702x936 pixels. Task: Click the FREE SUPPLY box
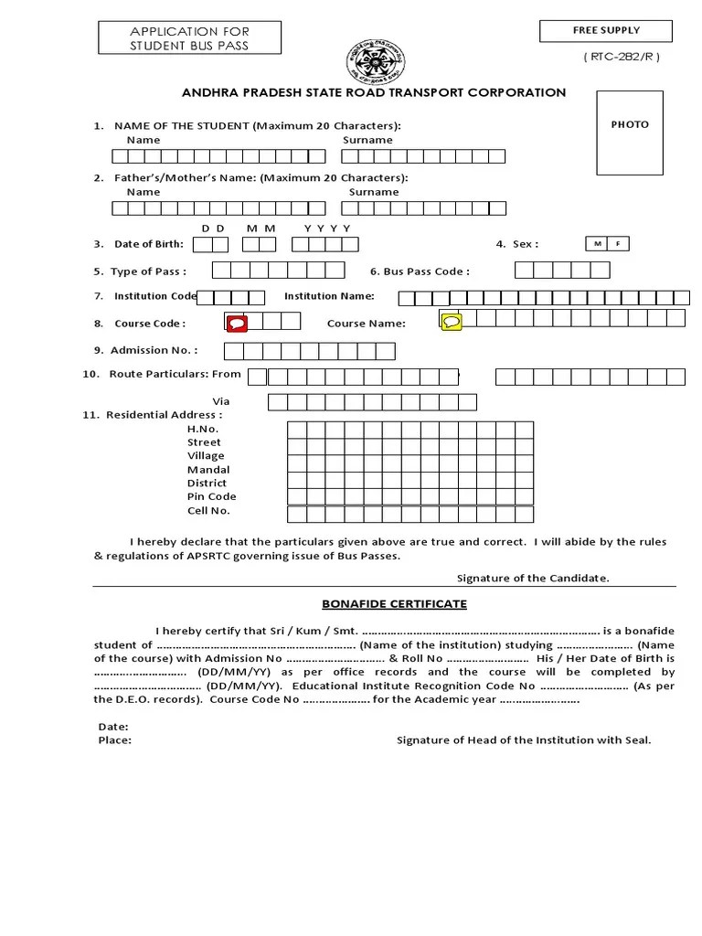606,31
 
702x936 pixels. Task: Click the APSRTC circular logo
375,61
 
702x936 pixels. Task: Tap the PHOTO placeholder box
630,133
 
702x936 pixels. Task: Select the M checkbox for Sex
597,244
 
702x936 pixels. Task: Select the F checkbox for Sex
619,244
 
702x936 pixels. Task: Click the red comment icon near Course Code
237,323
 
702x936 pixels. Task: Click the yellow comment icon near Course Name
452,322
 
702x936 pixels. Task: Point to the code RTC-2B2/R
621,57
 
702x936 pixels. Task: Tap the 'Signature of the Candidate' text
533,578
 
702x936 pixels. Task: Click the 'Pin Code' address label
211,496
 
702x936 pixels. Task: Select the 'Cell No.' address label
208,510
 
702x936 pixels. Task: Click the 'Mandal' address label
208,469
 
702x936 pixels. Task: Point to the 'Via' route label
221,401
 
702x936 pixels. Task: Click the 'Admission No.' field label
153,350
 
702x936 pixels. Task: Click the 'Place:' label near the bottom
114,740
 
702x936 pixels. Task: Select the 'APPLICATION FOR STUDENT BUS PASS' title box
189,38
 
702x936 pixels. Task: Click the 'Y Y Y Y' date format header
327,228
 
